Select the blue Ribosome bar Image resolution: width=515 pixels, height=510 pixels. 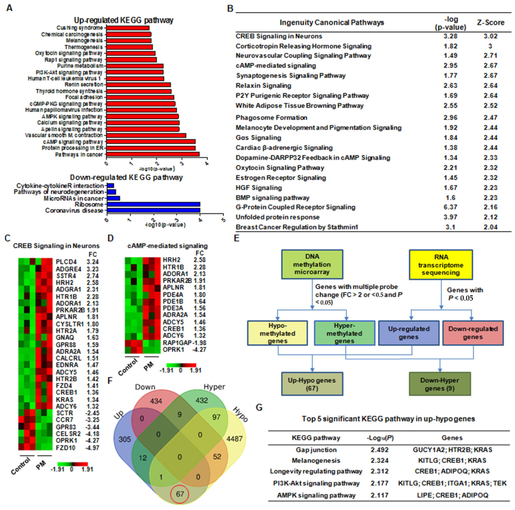[x=153, y=204]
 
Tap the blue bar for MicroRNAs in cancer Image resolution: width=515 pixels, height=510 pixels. [x=113, y=198]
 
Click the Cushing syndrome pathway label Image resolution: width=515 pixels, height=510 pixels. [x=79, y=28]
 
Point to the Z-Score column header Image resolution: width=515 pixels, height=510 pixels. [x=491, y=23]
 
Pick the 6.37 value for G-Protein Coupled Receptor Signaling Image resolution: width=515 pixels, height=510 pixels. [x=450, y=207]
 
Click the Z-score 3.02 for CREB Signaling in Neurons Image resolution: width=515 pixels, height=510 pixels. [x=491, y=36]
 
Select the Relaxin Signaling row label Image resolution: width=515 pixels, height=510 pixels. [x=263, y=85]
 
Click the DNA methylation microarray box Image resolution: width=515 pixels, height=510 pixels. [x=312, y=264]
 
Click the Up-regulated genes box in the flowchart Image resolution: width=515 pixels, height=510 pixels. [x=408, y=333]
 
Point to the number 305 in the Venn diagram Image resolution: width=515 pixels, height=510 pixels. [x=124, y=439]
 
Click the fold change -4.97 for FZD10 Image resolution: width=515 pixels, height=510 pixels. [x=92, y=448]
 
